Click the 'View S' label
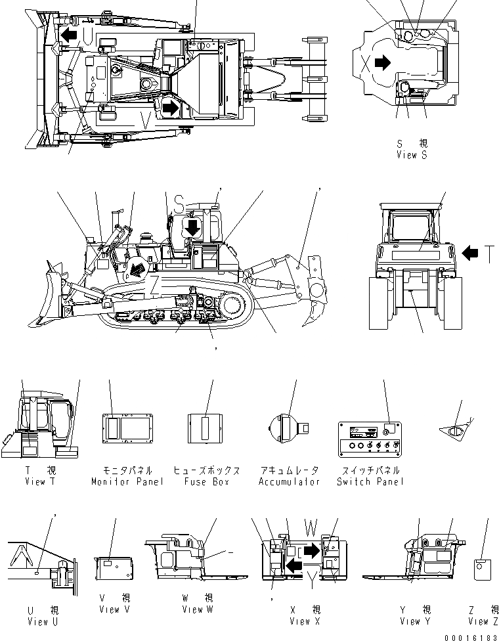coord(412,155)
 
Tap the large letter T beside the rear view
coord(488,252)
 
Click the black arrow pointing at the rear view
coord(470,252)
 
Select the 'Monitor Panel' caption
coord(127,481)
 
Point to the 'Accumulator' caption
coord(289,481)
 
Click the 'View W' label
coord(197,609)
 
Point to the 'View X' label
coord(305,621)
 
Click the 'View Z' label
coord(483,621)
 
